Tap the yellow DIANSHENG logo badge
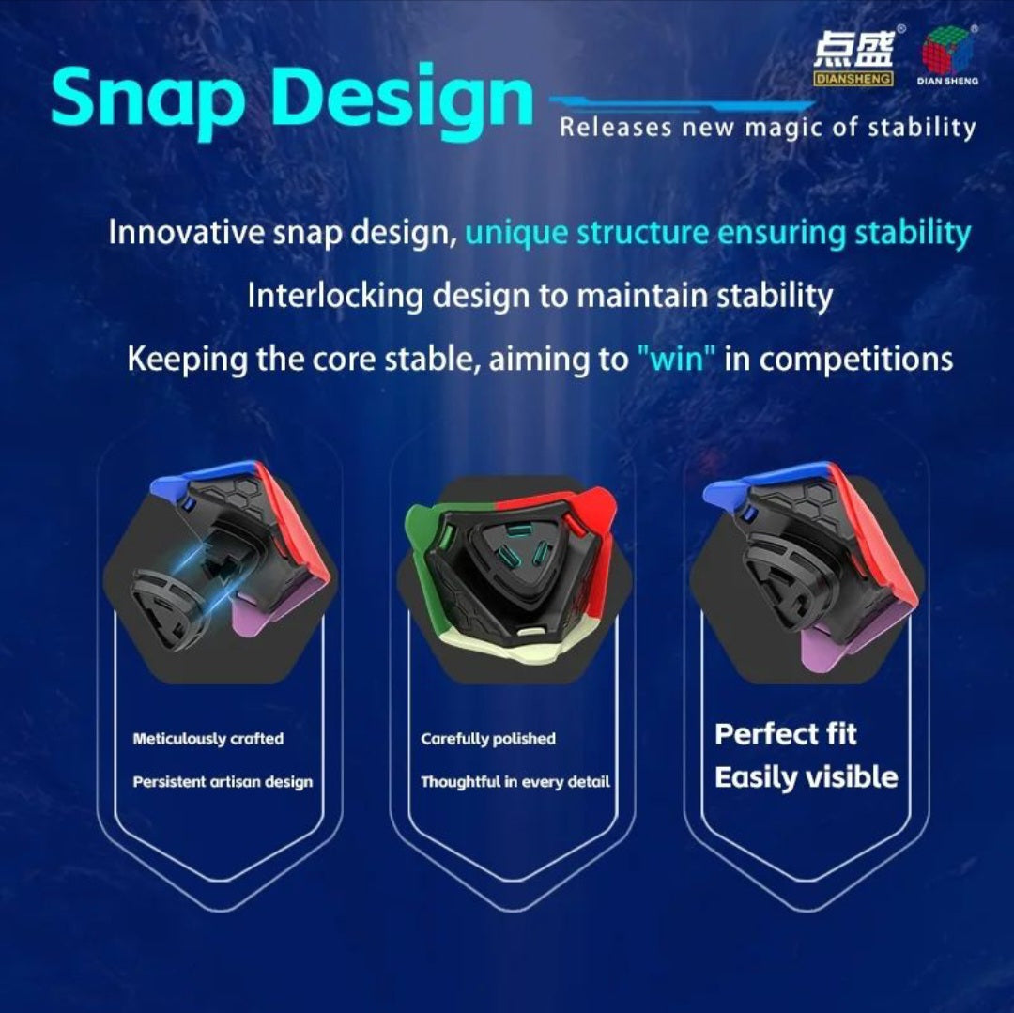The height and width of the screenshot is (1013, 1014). (x=853, y=79)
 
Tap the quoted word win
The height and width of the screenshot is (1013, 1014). (x=677, y=358)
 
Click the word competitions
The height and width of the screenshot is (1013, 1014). (x=855, y=360)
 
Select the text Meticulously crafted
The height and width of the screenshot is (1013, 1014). (x=208, y=739)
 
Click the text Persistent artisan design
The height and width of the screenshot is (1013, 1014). (x=223, y=781)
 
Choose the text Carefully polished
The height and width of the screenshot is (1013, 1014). (x=488, y=739)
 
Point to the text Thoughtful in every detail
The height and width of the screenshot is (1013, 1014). (x=515, y=781)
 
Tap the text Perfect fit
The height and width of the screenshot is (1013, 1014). (x=786, y=734)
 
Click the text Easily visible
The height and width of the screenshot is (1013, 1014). (x=807, y=777)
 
